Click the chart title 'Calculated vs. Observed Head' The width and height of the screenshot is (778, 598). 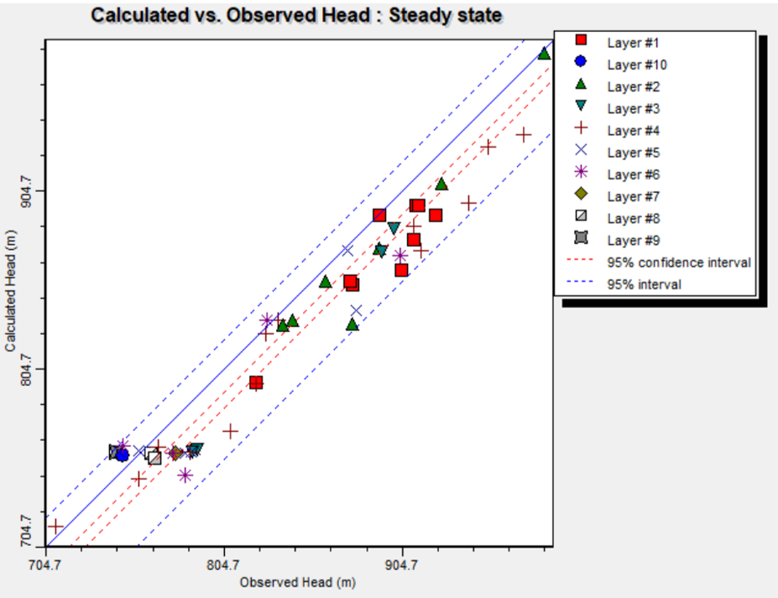coord(297,15)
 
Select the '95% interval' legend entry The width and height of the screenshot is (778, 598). coord(644,284)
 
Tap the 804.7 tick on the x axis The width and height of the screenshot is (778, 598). coord(222,564)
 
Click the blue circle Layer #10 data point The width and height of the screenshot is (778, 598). coord(122,455)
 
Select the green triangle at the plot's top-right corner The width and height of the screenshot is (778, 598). coord(544,53)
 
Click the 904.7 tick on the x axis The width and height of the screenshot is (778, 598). coord(401,564)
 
